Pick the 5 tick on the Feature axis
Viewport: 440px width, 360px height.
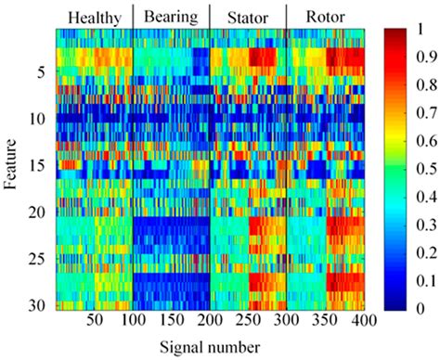[x=40, y=72]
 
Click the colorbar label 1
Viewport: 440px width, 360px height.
[x=422, y=29]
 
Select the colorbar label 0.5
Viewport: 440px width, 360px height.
[x=426, y=169]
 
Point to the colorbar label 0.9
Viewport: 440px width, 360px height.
[x=426, y=58]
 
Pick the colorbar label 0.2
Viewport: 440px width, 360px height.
[x=426, y=252]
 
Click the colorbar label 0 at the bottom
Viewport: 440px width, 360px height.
[x=422, y=308]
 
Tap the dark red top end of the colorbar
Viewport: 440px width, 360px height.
[x=396, y=33]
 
